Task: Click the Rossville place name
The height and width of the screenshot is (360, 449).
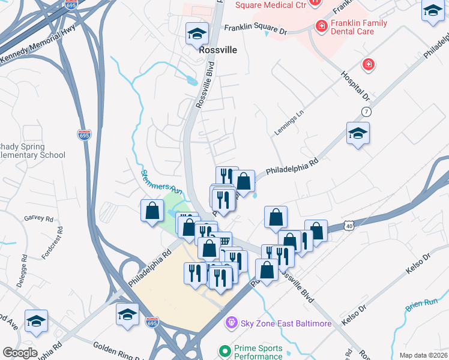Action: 218,51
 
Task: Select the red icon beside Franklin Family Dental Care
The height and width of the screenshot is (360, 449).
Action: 322,26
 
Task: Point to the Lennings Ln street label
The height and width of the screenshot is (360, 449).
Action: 292,119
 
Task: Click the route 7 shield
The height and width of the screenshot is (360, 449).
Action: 366,112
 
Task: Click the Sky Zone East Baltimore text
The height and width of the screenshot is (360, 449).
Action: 286,323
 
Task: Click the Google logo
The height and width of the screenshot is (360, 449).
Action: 20,353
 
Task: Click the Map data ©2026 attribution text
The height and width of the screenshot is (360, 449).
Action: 423,355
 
